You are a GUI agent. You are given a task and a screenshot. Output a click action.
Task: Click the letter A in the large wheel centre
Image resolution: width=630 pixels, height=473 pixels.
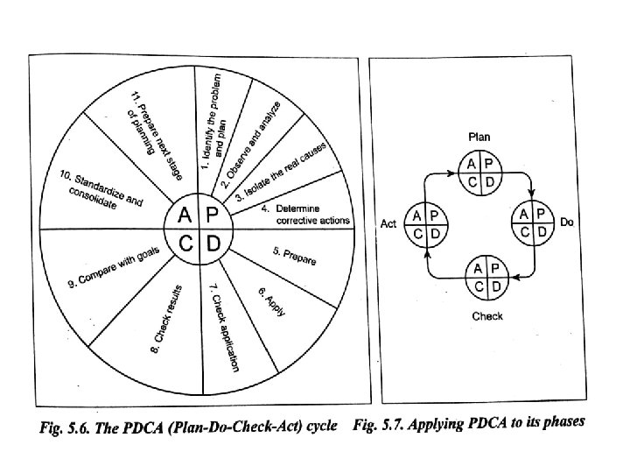click(186, 215)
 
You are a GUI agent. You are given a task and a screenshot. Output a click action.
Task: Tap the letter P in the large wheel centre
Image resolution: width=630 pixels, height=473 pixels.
click(213, 215)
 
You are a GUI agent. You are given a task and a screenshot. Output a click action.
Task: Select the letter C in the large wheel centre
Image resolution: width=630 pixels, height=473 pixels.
click(186, 243)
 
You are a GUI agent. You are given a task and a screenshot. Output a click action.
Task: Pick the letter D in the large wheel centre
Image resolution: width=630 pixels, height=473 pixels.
click(213, 243)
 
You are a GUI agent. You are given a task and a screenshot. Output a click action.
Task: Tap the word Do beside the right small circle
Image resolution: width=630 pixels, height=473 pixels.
click(567, 223)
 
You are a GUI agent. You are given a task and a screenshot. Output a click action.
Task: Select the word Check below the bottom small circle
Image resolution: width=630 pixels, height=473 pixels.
click(486, 316)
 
